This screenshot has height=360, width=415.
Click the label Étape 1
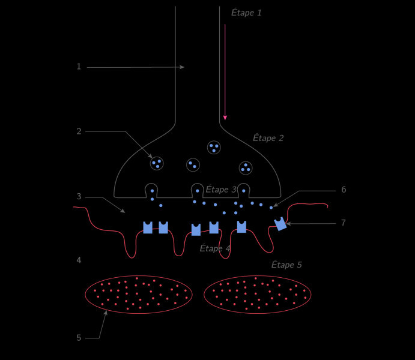tap(246, 13)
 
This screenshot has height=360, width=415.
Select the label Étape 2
tap(268, 138)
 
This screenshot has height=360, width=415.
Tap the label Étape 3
tap(221, 190)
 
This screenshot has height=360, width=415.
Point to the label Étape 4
tap(215, 248)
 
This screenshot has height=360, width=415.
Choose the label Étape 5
tap(286, 265)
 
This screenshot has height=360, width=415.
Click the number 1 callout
tap(79, 67)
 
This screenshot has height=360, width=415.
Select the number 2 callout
tap(79, 131)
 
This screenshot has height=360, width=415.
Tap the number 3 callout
tap(79, 197)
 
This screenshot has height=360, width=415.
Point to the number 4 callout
tap(79, 260)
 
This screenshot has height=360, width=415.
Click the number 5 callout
tap(79, 338)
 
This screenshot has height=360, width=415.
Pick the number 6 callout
tap(344, 190)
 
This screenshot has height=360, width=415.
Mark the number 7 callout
tap(344, 223)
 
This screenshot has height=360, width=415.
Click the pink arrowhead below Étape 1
tap(225, 118)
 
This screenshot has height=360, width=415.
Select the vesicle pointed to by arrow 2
tap(157, 163)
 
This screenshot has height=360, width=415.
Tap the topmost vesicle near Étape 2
tap(214, 148)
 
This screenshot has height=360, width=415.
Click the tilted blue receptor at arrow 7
tap(280, 224)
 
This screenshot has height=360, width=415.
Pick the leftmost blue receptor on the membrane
tap(148, 227)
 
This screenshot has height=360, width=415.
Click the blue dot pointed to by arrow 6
tap(271, 208)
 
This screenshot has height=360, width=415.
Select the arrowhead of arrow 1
tap(182, 67)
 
